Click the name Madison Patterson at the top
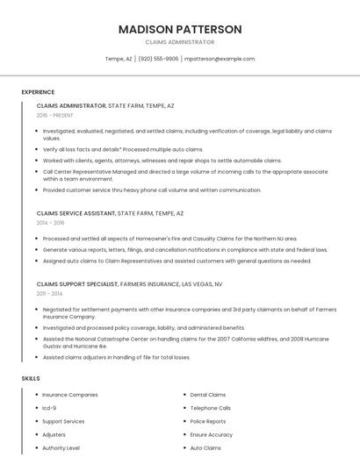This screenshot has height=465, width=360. coord(180,29)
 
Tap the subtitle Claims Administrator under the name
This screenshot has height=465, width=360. coord(180,42)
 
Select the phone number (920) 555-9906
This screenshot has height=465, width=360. coord(158,59)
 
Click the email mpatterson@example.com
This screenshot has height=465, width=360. coord(220,59)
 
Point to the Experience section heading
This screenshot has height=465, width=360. coord(38,92)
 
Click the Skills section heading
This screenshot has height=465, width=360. coord(31,378)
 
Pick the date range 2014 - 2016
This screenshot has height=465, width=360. coord(50,223)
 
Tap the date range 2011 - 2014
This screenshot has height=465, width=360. coord(49,293)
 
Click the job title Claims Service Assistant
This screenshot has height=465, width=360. coord(76,213)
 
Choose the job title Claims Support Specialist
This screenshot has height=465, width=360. coord(78,283)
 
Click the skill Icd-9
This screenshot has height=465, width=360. coord(49,408)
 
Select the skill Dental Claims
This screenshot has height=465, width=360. coord(208,395)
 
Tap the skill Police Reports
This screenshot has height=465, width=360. coord(208,421)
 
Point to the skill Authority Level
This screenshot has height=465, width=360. coord(61,447)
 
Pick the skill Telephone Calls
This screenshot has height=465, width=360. coord(211,408)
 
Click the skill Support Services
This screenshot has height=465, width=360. coord(63,421)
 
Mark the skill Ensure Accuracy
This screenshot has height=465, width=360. coord(212,434)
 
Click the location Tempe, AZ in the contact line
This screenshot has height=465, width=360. coord(119,59)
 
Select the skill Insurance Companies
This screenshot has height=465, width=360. coord(70,395)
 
